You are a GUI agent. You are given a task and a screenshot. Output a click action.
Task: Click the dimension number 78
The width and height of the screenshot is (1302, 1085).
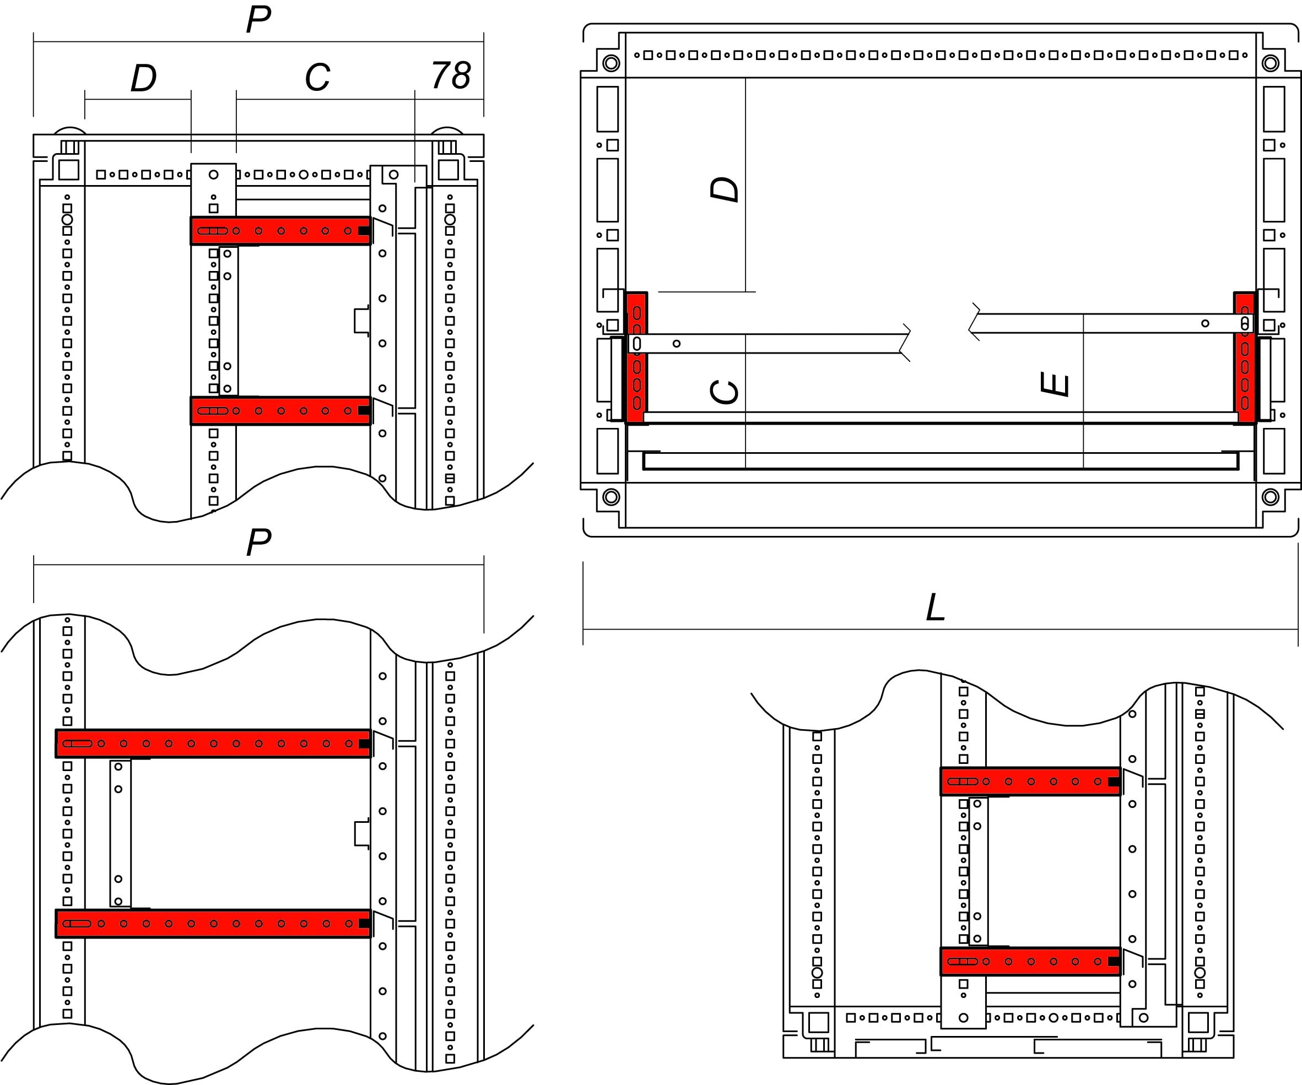point(451,75)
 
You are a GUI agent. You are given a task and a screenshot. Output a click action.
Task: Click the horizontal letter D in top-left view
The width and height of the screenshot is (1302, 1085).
point(143,79)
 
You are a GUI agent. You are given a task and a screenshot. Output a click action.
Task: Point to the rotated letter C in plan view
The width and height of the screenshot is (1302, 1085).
point(724,392)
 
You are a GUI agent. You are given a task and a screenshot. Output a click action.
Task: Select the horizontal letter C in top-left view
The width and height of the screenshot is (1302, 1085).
point(317,78)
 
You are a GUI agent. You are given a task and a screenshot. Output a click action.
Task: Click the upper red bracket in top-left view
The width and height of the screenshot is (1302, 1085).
point(280,231)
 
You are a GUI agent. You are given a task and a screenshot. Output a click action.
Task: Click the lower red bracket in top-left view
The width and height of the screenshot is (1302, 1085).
point(280,411)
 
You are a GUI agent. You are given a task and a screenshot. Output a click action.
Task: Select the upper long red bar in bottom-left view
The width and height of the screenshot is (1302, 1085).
point(213,744)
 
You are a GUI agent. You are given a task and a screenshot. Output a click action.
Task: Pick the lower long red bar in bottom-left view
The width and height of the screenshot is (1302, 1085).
point(213,923)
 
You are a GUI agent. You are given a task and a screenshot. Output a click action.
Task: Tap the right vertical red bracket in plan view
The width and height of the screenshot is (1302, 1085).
point(1244,357)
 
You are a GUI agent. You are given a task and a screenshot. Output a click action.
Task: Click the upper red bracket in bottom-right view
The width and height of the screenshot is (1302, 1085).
point(1030,782)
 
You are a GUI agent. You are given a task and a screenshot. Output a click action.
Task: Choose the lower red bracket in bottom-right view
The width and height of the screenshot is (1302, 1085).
point(1030,961)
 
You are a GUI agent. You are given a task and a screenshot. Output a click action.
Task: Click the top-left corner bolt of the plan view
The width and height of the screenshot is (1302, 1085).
point(611,63)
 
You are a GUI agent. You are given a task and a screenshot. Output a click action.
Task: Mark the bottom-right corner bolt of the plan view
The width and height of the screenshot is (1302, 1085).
point(1271,496)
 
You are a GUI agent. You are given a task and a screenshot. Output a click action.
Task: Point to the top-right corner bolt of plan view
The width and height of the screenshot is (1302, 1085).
point(1271,63)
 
